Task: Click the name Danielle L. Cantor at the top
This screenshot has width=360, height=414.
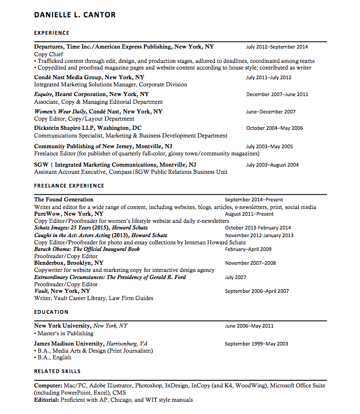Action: click(75, 15)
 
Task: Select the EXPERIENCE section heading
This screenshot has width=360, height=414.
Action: click(52, 33)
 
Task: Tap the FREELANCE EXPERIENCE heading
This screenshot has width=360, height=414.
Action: click(69, 186)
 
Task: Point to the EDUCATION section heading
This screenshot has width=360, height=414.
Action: click(51, 312)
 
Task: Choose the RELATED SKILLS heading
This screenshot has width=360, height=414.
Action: click(57, 371)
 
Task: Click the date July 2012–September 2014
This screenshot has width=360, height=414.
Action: click(277, 47)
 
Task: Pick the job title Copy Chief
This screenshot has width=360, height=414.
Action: click(49, 54)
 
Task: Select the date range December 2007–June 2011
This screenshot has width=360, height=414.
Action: click(277, 95)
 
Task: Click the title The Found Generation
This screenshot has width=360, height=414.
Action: click(64, 200)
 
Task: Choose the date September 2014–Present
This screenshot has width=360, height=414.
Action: click(254, 200)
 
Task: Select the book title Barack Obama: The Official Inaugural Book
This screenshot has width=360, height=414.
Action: click(87, 249)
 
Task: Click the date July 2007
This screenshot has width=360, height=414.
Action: click(235, 278)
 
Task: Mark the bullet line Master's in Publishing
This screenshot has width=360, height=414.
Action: click(65, 333)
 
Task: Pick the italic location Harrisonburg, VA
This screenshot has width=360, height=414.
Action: click(127, 344)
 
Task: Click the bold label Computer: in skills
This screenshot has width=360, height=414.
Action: click(48, 386)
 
